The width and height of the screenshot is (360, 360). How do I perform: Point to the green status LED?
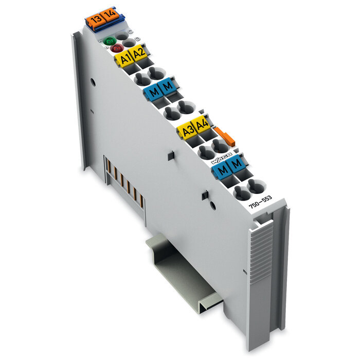(109, 41)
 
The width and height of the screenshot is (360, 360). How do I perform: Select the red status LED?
(116, 49)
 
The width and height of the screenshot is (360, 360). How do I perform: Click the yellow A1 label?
(124, 59)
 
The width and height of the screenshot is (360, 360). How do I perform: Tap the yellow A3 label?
(186, 131)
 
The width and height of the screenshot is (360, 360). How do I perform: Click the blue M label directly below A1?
(153, 93)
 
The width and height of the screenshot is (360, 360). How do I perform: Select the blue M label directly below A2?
(168, 87)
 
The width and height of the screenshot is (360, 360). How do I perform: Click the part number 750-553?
(260, 202)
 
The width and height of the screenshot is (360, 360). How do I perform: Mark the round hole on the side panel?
(93, 82)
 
